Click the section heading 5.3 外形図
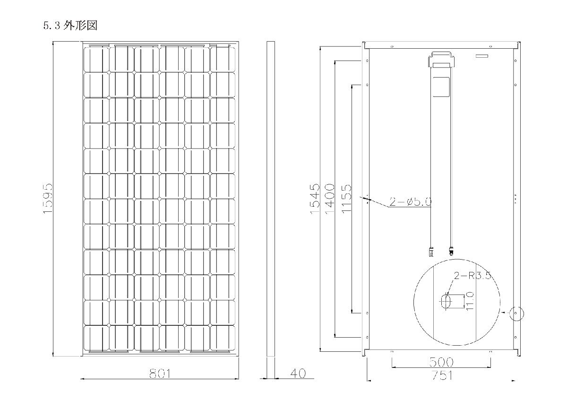(x=70, y=26)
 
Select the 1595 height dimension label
(x=48, y=199)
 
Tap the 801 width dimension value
(x=160, y=374)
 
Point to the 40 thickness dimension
(x=298, y=373)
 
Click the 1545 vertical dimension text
(x=315, y=199)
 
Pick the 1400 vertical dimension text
(x=330, y=199)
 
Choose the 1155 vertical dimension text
(x=347, y=199)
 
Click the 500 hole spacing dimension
(x=441, y=362)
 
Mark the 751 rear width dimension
(x=442, y=375)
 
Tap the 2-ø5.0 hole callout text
(x=410, y=201)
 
